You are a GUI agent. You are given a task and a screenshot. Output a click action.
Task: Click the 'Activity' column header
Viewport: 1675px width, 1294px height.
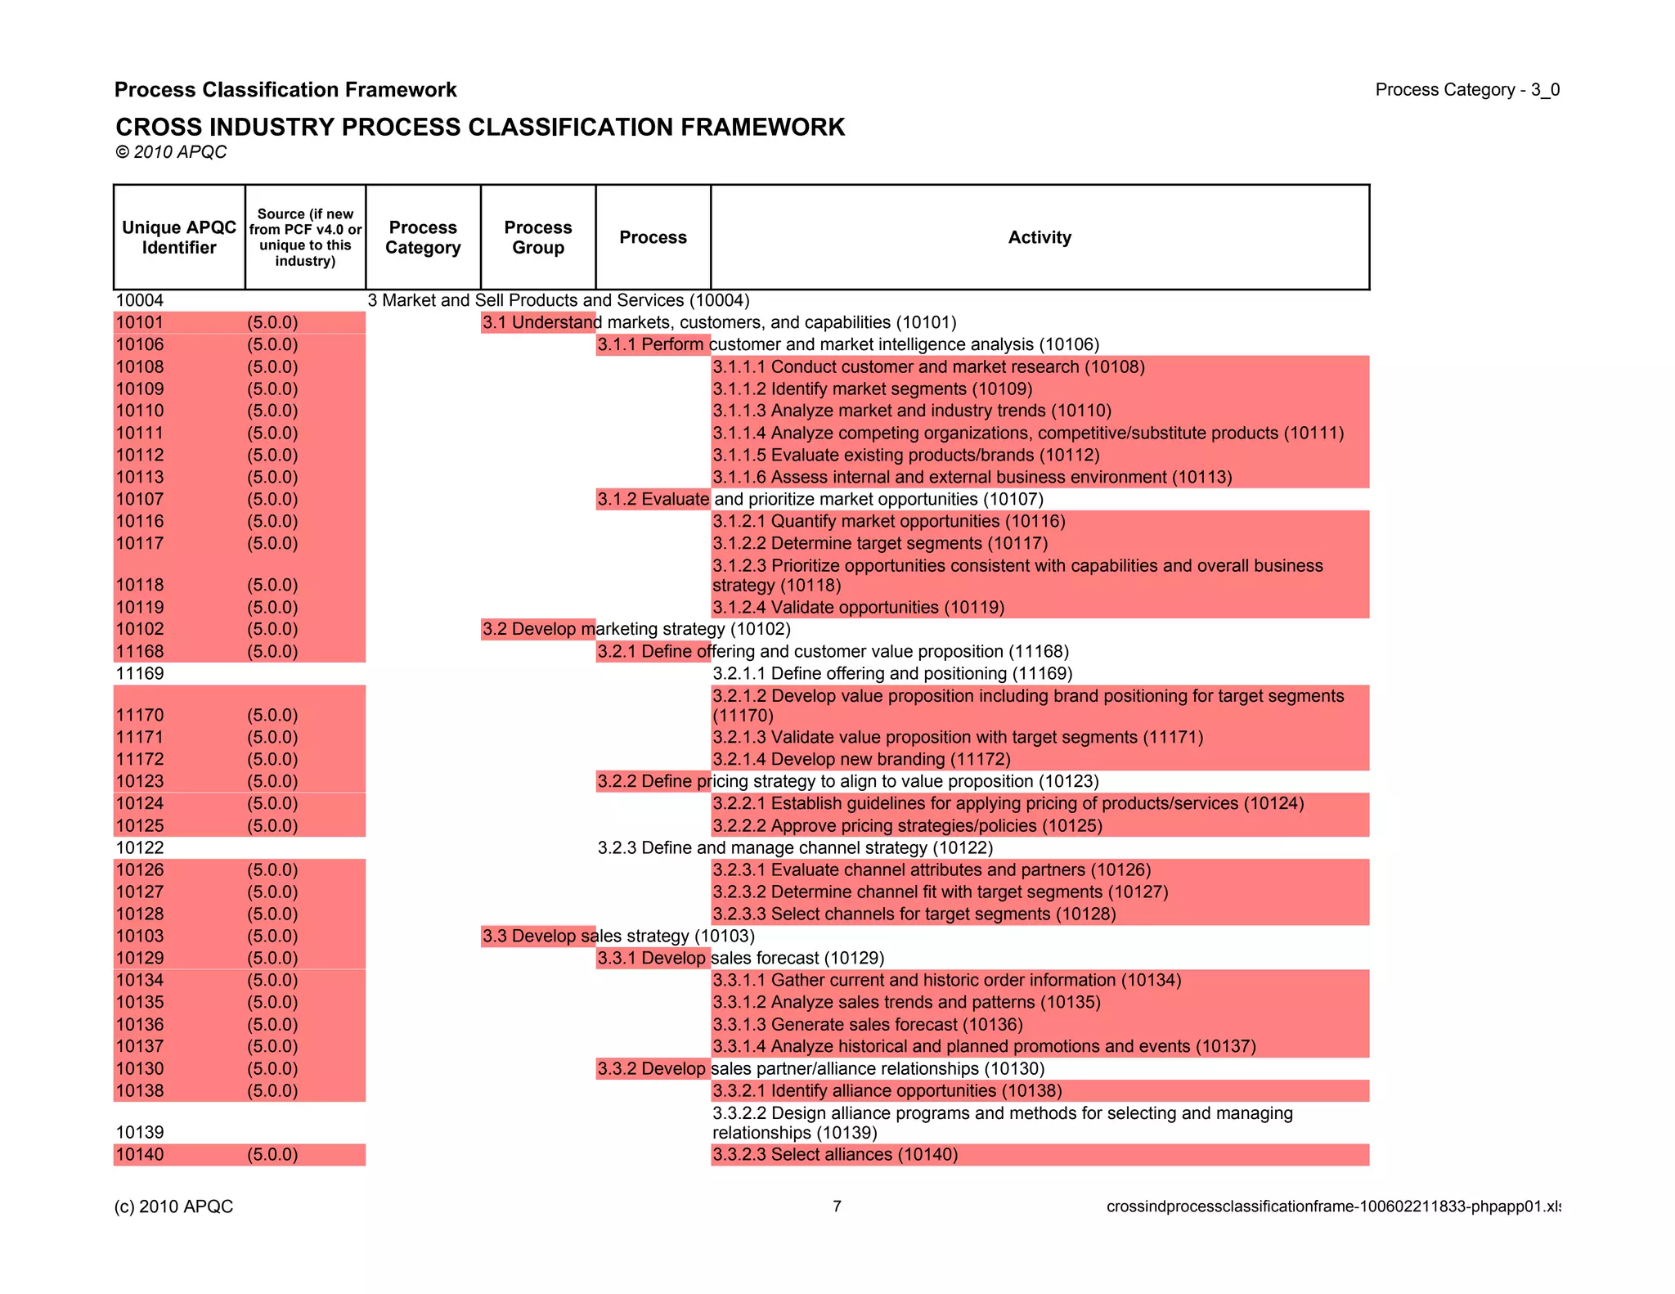click(1039, 237)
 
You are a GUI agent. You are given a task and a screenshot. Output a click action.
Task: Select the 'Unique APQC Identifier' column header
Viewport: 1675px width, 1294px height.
click(178, 237)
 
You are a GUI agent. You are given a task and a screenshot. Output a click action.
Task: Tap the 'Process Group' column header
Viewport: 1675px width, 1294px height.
click(537, 237)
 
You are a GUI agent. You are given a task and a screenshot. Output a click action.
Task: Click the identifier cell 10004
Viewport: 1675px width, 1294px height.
click(140, 300)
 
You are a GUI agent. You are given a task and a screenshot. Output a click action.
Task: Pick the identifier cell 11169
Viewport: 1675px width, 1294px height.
click(140, 673)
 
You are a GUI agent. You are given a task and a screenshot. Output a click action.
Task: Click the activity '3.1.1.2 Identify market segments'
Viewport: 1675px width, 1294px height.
click(872, 389)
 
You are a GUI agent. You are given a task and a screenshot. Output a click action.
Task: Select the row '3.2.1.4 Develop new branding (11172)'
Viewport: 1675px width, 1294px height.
click(861, 759)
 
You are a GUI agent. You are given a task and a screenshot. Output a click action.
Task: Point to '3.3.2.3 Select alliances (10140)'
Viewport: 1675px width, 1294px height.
click(835, 1154)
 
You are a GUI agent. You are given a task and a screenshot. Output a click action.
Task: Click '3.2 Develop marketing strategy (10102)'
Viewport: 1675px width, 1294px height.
click(636, 629)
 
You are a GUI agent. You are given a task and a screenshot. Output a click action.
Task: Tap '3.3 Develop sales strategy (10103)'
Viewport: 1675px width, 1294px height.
click(618, 936)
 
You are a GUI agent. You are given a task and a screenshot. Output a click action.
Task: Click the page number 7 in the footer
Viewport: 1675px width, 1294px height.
click(837, 1206)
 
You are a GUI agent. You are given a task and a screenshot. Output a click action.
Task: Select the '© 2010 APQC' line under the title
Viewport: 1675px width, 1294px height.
click(171, 152)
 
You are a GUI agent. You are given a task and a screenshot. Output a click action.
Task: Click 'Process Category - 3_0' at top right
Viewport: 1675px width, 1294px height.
click(1467, 90)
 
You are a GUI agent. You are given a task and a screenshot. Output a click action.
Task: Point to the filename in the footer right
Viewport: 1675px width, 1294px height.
click(1333, 1206)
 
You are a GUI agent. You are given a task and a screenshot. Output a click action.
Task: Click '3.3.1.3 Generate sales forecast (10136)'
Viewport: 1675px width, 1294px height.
click(868, 1024)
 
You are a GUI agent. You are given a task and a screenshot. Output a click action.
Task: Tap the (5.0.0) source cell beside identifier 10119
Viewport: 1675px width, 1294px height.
click(272, 607)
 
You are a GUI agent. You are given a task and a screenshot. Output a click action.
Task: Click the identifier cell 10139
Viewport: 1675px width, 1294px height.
click(140, 1132)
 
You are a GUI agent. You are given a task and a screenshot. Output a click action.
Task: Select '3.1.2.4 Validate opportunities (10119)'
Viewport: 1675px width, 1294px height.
click(858, 607)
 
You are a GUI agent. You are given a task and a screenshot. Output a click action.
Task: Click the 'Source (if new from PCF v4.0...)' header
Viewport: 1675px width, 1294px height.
click(305, 237)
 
